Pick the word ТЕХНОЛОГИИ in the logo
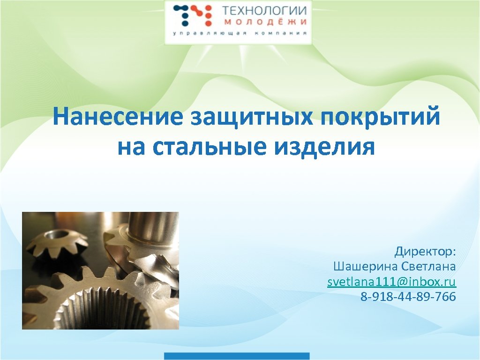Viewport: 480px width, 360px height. click(264, 11)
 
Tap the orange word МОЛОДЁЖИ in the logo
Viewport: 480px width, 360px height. click(264, 22)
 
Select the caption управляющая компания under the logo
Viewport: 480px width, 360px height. click(240, 34)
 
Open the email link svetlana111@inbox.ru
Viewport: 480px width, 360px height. click(391, 282)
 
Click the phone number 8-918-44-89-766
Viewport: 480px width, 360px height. click(408, 297)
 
